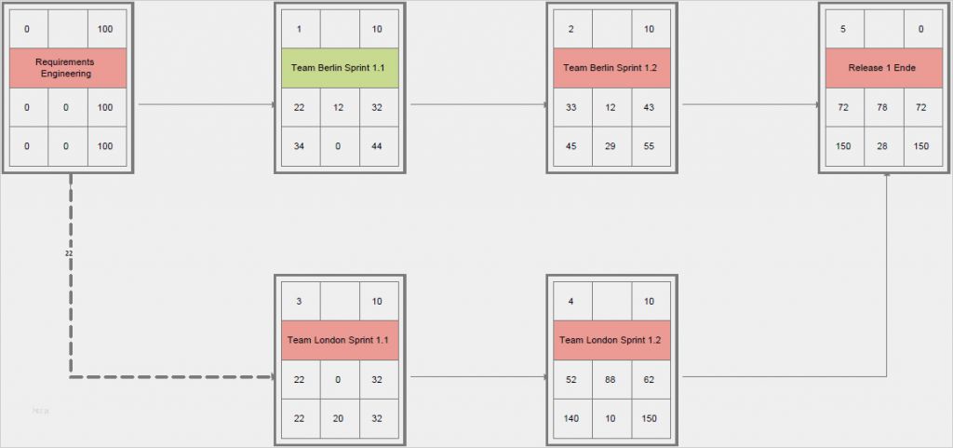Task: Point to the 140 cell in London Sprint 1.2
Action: (x=571, y=418)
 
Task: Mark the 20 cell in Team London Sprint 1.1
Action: (x=339, y=418)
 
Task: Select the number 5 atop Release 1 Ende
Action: (x=843, y=29)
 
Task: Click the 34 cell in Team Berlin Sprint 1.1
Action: (x=300, y=146)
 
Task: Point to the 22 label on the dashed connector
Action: (x=69, y=253)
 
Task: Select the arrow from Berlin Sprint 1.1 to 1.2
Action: (x=478, y=104)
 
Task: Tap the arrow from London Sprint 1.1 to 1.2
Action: (x=478, y=377)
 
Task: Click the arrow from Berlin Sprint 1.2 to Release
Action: (x=750, y=104)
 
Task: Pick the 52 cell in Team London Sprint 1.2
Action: (x=571, y=379)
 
